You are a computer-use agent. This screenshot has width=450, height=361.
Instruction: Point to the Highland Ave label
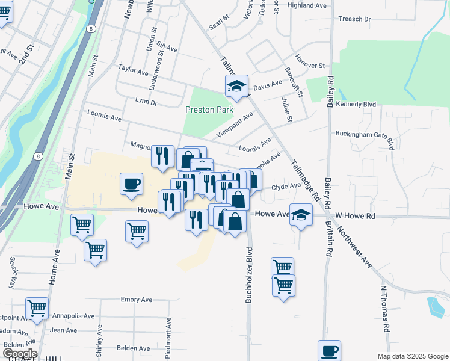(307, 5)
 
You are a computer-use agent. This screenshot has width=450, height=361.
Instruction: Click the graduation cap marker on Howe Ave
(301, 214)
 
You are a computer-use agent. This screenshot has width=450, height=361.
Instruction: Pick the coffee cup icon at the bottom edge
(329, 350)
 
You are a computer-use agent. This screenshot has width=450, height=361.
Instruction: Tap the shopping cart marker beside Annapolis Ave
(37, 308)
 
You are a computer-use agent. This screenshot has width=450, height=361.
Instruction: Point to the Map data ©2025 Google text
(412, 356)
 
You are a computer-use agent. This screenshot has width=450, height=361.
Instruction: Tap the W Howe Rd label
(355, 215)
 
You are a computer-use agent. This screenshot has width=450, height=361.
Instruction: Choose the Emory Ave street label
(137, 300)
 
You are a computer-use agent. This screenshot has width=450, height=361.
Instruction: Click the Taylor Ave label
(133, 71)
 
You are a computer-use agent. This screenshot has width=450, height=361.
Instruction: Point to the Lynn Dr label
(146, 102)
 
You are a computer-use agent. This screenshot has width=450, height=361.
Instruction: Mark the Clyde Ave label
(286, 187)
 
